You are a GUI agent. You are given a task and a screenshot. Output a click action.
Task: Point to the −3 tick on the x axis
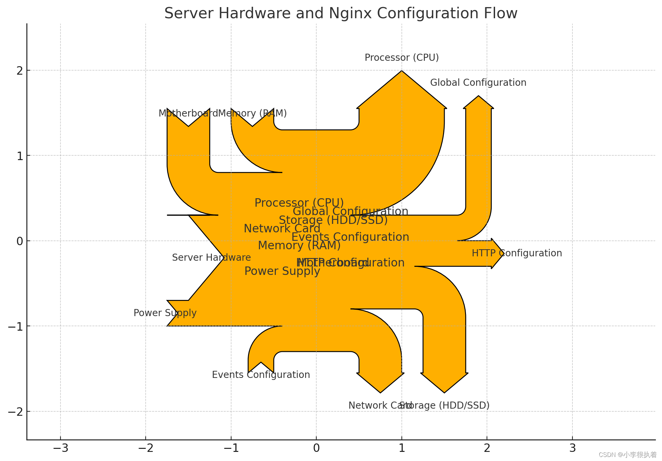pyautogui.click(x=60, y=448)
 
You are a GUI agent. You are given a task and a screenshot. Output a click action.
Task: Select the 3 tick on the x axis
pyautogui.click(x=572, y=448)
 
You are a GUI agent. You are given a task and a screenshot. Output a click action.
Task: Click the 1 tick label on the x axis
pyautogui.click(x=401, y=448)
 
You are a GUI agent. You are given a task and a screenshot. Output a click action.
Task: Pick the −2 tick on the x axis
pyautogui.click(x=146, y=448)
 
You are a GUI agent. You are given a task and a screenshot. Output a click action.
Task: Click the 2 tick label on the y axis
pyautogui.click(x=20, y=71)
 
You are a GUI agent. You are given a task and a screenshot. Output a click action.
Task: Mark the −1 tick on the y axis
pyautogui.click(x=15, y=326)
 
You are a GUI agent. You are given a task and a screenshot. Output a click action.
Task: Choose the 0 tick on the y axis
pyautogui.click(x=20, y=241)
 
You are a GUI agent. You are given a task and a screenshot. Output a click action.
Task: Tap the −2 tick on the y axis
pyautogui.click(x=15, y=412)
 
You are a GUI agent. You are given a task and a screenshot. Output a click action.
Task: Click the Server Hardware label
pyautogui.click(x=211, y=258)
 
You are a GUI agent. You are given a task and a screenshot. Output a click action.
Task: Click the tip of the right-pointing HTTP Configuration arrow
pyautogui.click(x=504, y=254)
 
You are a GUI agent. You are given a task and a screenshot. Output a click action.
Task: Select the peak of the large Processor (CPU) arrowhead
pyautogui.click(x=401, y=71)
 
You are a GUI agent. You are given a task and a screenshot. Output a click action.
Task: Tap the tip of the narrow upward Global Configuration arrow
pyautogui.click(x=478, y=96)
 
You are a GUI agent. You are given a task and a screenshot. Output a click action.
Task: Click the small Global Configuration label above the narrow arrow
pyautogui.click(x=478, y=83)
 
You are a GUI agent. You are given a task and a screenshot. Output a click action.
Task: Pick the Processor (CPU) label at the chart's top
pyautogui.click(x=401, y=58)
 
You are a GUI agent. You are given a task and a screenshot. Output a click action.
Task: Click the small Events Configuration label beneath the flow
pyautogui.click(x=261, y=375)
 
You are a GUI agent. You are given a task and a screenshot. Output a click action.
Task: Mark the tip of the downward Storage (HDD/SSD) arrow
pyautogui.click(x=444, y=392)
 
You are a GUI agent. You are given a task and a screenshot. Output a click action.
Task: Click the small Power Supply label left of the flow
pyautogui.click(x=165, y=313)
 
